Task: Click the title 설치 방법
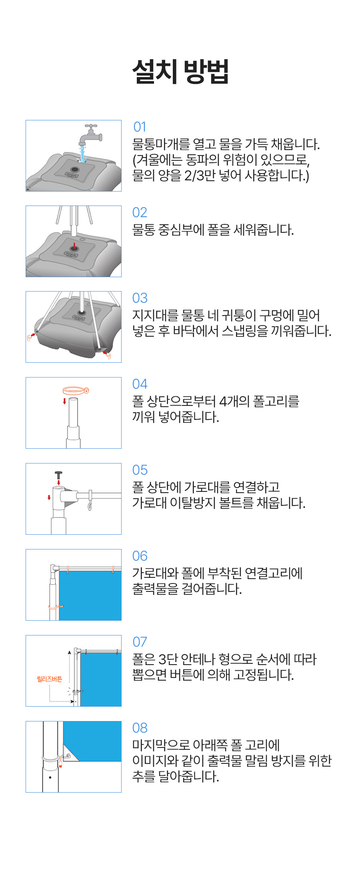tap(180, 72)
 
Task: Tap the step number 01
tap(140, 127)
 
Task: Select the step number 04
tap(140, 384)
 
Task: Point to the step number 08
tap(140, 728)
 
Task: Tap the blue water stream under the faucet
tap(83, 154)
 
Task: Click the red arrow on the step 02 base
tap(74, 245)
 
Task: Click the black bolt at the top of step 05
tap(59, 475)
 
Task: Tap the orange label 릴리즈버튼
tap(50, 679)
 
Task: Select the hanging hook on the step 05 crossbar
tap(90, 501)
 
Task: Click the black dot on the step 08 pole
tap(50, 777)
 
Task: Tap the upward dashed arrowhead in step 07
tap(69, 653)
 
